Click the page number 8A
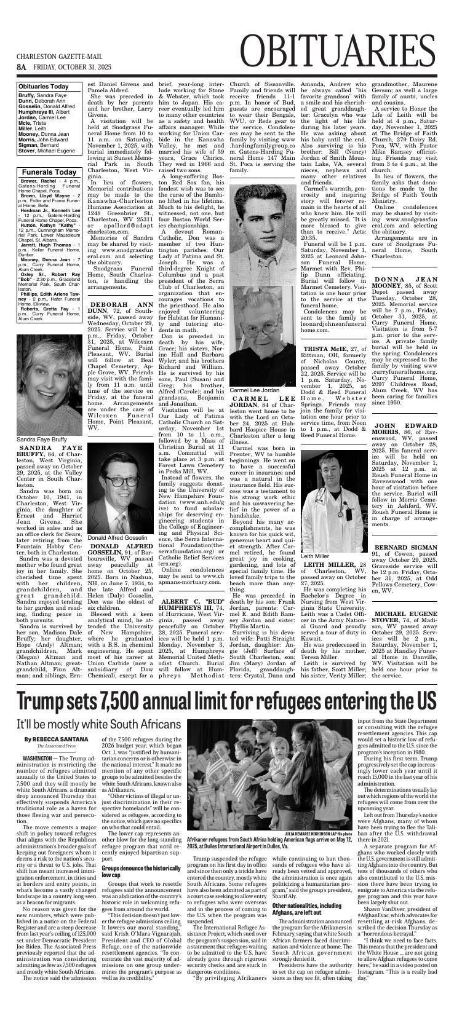click(x=22, y=66)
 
